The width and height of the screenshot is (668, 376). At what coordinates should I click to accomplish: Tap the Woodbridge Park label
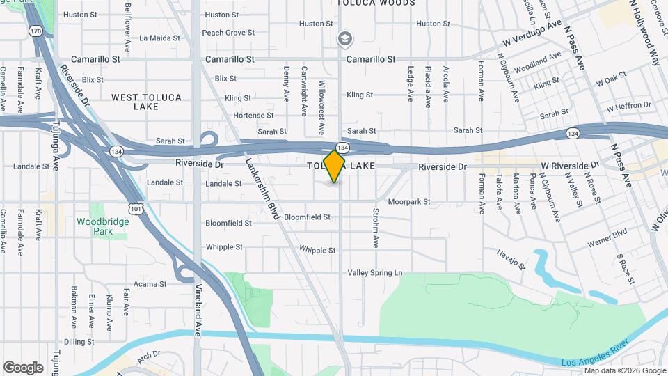point(94,226)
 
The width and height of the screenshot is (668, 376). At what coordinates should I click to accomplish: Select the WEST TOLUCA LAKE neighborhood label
point(147,102)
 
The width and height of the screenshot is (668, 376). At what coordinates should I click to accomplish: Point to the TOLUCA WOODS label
point(376,3)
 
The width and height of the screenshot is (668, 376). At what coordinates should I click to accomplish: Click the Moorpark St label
point(409,202)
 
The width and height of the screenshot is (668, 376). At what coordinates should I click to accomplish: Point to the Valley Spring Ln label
point(376,273)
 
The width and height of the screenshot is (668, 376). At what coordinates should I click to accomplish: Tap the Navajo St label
point(510,259)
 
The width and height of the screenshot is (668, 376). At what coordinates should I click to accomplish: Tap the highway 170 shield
point(35,31)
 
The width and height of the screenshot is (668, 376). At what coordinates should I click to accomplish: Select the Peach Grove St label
point(228,33)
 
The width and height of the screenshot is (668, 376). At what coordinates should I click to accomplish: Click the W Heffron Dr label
point(628,107)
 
